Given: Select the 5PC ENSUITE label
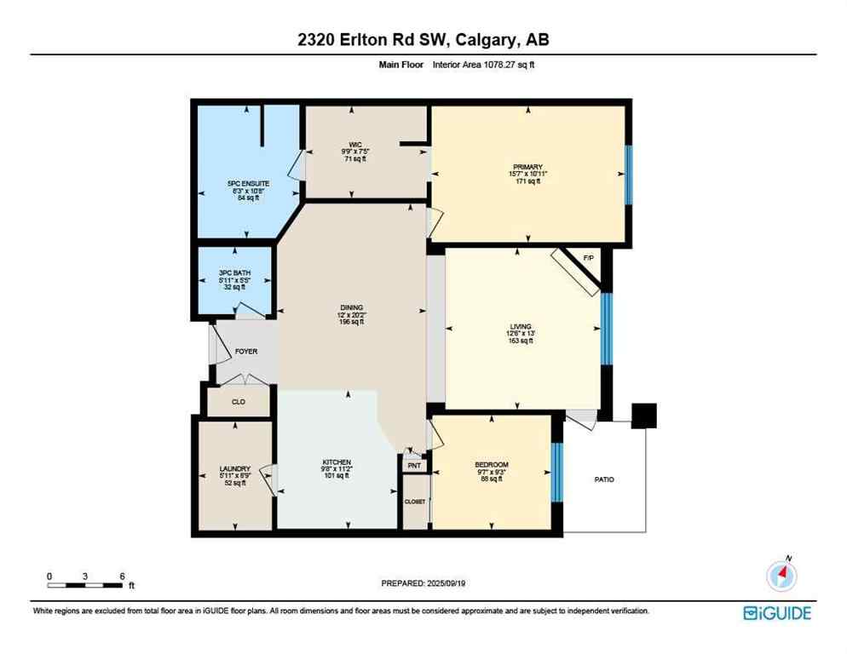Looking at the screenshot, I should (247, 182).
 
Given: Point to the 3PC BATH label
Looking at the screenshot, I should (234, 272).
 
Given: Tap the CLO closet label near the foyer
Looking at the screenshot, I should (239, 402).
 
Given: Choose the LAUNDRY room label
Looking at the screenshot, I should (234, 468).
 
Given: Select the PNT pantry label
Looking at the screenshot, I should (414, 466).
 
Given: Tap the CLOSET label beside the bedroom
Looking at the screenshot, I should (415, 502).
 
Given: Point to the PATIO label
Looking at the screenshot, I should (604, 479).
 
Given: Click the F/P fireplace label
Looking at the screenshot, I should (588, 258).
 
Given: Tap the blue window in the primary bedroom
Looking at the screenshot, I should (629, 175).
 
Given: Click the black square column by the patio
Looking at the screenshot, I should (645, 415).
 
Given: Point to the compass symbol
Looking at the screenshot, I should (781, 577).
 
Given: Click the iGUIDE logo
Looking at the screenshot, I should (776, 613).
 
